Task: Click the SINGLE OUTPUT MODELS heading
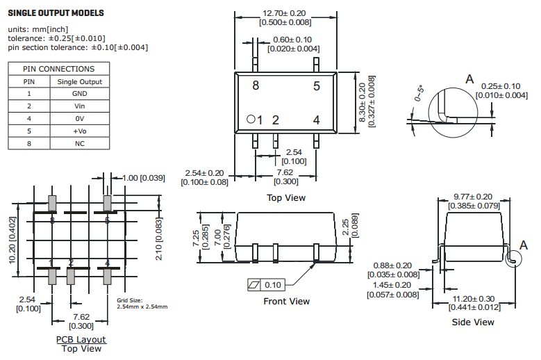(56, 13)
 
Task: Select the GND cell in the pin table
(79, 94)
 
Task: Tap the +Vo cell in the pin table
(79, 131)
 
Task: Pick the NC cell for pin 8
(79, 144)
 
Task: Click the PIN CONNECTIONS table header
(58, 69)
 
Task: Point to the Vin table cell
(79, 106)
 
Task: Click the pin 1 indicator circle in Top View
(251, 119)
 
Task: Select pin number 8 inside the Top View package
(256, 86)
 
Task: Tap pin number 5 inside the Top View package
(316, 86)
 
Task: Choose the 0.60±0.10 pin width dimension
(292, 40)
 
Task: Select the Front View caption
(286, 302)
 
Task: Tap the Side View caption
(472, 322)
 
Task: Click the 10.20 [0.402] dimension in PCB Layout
(13, 239)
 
